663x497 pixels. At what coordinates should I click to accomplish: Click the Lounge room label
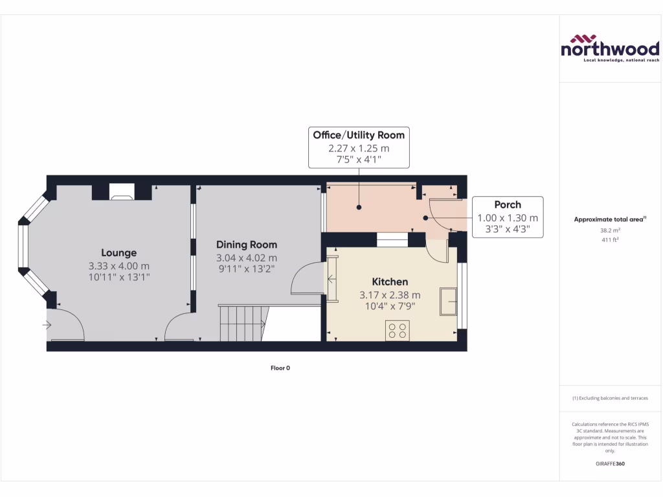pyautogui.click(x=118, y=253)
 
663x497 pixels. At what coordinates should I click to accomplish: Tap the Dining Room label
pyautogui.click(x=246, y=245)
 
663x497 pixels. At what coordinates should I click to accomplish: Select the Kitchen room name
pyautogui.click(x=390, y=282)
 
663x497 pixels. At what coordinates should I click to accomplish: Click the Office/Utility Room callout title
pyautogui.click(x=359, y=135)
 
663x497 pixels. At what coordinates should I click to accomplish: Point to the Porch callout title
pyautogui.click(x=508, y=204)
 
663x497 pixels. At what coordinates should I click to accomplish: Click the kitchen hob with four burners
pyautogui.click(x=396, y=330)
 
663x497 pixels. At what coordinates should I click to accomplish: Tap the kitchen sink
pyautogui.click(x=448, y=302)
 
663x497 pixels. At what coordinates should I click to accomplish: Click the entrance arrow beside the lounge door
pyautogui.click(x=47, y=324)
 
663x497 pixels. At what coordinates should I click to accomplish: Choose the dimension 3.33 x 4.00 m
pyautogui.click(x=118, y=266)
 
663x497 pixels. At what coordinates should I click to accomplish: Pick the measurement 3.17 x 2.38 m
pyautogui.click(x=390, y=295)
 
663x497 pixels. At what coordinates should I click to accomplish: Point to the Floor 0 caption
pyautogui.click(x=280, y=368)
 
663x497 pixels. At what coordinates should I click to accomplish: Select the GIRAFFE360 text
pyautogui.click(x=609, y=463)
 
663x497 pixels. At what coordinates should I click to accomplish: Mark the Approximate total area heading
pyautogui.click(x=609, y=219)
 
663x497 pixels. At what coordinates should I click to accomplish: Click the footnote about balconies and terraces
pyautogui.click(x=609, y=398)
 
